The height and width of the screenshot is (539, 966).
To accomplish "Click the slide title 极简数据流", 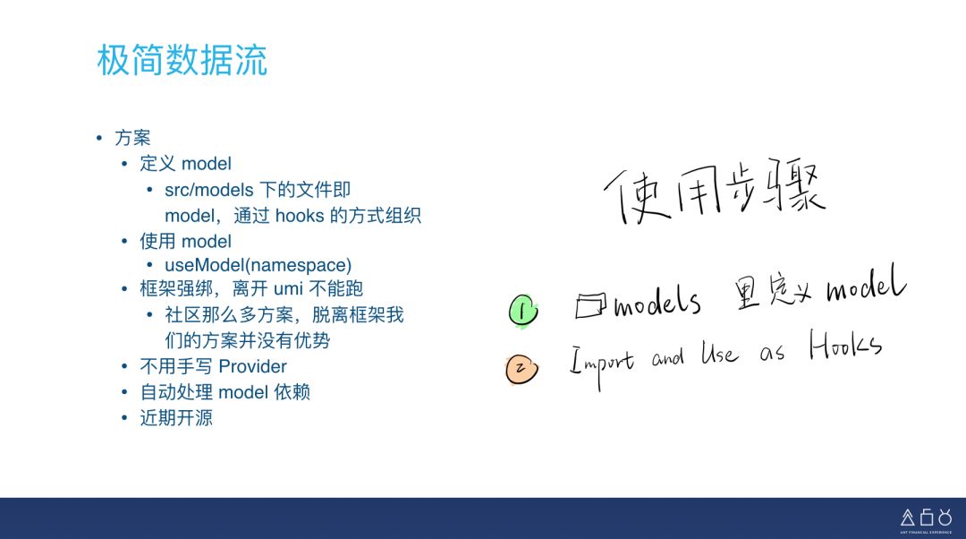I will click(x=182, y=61).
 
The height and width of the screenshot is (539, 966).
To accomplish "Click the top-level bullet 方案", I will click(x=132, y=138).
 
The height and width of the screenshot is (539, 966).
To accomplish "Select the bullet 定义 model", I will click(x=185, y=163).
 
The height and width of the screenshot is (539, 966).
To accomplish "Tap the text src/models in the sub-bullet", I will click(x=209, y=190).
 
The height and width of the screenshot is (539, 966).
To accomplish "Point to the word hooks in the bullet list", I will click(x=298, y=215).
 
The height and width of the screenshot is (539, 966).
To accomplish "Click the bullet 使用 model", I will click(x=185, y=241).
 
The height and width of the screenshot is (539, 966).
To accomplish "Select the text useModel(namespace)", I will click(x=258, y=265).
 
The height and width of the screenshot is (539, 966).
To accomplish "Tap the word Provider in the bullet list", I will click(x=252, y=366).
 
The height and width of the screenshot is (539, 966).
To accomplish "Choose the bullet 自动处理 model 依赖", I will click(x=225, y=391).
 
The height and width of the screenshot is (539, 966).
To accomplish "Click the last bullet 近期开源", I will click(x=176, y=417).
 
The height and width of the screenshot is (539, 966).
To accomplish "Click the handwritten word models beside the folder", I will click(x=657, y=304).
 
